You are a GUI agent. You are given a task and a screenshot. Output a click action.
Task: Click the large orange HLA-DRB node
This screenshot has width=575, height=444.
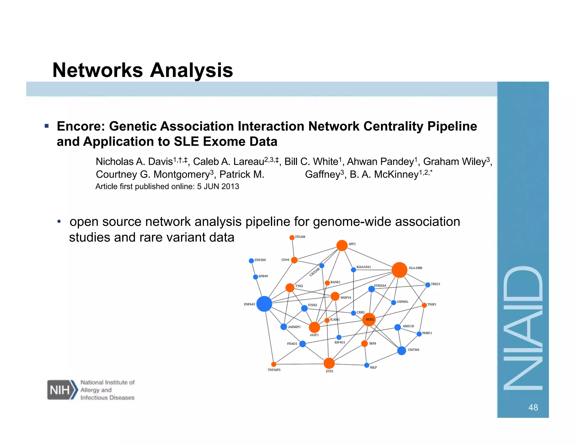click(399, 270)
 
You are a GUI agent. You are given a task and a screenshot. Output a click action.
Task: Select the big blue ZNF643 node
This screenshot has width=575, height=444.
click(264, 304)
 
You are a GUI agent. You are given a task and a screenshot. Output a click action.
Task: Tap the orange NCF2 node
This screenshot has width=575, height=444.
click(369, 319)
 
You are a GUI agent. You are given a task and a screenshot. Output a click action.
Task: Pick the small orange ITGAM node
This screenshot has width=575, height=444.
click(292, 237)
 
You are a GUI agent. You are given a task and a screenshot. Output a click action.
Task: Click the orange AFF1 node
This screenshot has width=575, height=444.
click(342, 246)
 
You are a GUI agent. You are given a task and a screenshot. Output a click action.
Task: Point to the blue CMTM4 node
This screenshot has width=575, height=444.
click(401, 351)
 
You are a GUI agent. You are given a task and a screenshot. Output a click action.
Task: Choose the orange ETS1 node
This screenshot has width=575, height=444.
click(329, 363)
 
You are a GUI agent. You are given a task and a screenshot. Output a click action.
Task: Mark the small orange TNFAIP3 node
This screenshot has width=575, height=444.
click(274, 364)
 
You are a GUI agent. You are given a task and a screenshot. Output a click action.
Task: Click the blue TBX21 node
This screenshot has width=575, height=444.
click(428, 285)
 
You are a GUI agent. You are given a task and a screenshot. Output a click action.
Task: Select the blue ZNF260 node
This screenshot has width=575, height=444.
click(251, 261)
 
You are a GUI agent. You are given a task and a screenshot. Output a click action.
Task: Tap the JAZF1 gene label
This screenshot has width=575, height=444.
click(314, 335)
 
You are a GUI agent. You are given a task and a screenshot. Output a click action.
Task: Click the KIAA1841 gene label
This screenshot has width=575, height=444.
click(364, 267)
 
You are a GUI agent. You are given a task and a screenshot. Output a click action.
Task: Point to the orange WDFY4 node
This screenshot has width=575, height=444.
click(335, 296)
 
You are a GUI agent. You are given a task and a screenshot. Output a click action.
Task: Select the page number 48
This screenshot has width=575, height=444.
click(533, 407)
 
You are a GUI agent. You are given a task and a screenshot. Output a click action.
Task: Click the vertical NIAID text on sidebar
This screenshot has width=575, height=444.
click(523, 328)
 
